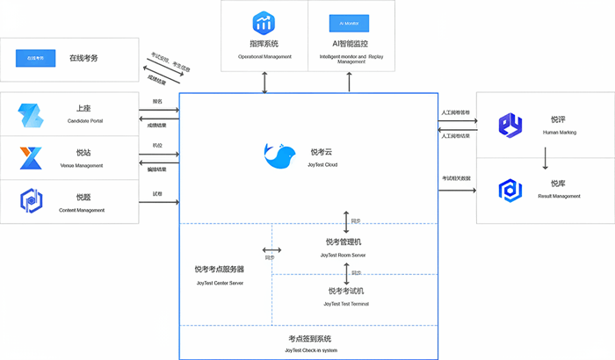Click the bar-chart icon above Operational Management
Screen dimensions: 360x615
pos(264,22)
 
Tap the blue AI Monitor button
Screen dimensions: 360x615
pos(350,23)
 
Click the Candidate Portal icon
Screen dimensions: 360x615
pos(32,115)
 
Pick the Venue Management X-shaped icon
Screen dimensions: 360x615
pos(32,158)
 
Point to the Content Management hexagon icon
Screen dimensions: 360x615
pos(32,201)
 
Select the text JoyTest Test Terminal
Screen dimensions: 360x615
pos(346,304)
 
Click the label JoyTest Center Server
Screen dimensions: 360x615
pos(220,284)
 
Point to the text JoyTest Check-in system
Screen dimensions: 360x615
pos(310,350)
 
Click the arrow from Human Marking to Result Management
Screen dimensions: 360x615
pos(546,158)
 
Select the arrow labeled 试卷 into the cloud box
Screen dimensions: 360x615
pos(159,202)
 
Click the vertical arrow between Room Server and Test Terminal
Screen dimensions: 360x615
pos(346,273)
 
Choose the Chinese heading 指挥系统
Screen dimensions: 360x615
pos(264,43)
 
